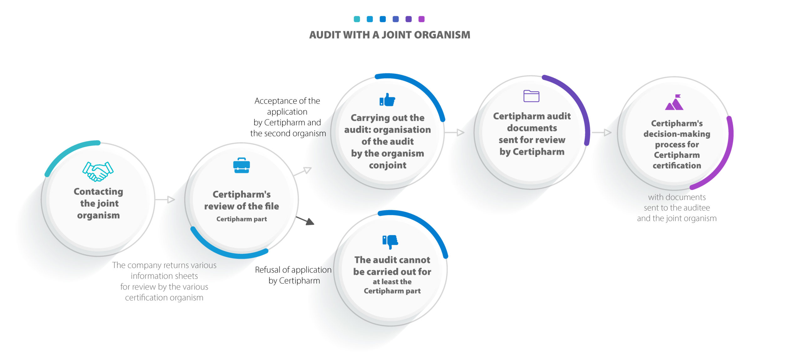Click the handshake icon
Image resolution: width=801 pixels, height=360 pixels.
[98, 171]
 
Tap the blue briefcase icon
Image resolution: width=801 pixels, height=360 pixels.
[241, 165]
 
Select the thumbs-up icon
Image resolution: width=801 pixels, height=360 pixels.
[387, 100]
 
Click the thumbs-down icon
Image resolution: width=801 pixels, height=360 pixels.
[390, 242]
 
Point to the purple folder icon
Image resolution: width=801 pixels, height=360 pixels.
[531, 96]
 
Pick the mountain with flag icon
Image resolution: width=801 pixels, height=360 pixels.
[674, 102]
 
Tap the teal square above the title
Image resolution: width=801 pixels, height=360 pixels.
[357, 19]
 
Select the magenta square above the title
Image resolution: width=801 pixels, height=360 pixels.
[421, 19]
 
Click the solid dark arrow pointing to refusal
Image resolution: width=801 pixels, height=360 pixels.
[305, 221]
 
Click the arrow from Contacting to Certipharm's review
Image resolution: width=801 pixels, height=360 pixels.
[165, 200]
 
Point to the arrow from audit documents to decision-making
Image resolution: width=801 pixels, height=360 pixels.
[601, 133]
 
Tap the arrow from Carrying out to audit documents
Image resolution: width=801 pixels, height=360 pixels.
[454, 133]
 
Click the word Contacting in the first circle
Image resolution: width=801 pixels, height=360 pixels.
[98, 191]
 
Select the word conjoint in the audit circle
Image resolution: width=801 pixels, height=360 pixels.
[388, 165]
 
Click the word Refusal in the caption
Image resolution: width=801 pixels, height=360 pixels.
[268, 270]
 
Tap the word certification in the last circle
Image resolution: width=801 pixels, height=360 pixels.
[677, 165]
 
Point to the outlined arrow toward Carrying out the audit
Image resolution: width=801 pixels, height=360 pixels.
[302, 171]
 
